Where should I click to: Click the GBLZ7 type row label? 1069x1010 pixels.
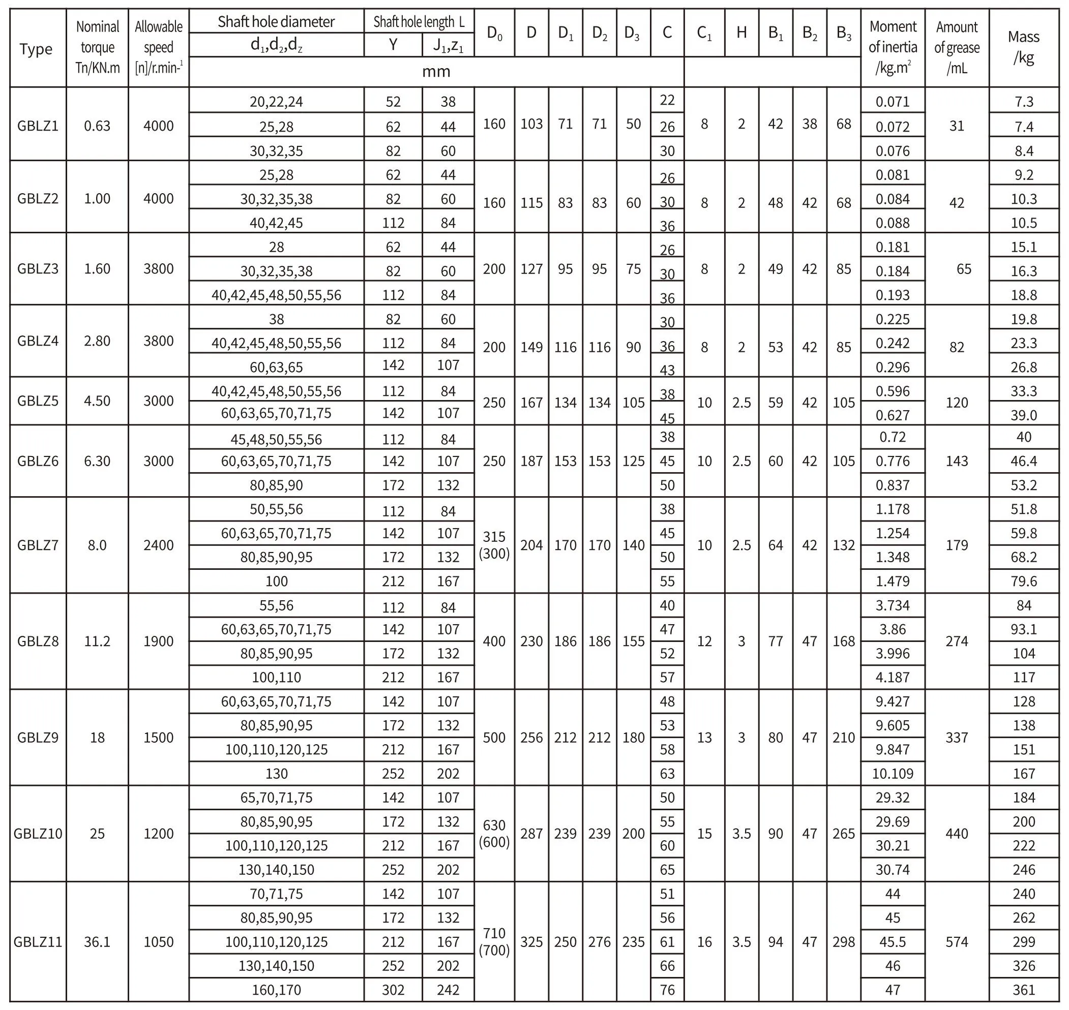coord(38,545)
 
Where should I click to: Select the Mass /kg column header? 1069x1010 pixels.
coord(1023,47)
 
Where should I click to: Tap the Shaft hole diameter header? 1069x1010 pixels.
coord(276,21)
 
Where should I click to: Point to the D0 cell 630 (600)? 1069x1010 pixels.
coord(494,834)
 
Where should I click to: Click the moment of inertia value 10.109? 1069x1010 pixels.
coord(893,774)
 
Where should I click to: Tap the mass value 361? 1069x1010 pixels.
coord(1023,990)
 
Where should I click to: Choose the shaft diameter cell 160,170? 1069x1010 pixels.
coord(276,990)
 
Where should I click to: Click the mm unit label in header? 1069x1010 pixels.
coord(436,72)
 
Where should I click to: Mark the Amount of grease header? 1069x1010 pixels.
coord(957,47)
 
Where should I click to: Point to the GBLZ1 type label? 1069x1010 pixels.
coord(38,126)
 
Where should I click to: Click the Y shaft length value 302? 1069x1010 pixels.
coord(393,990)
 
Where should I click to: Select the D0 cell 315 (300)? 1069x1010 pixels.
coord(494,545)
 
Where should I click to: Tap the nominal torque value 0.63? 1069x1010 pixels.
coord(97,126)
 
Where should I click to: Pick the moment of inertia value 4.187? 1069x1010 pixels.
coord(893,677)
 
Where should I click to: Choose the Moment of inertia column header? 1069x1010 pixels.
coord(893,47)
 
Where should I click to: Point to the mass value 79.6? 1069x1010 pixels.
coord(1023,581)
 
